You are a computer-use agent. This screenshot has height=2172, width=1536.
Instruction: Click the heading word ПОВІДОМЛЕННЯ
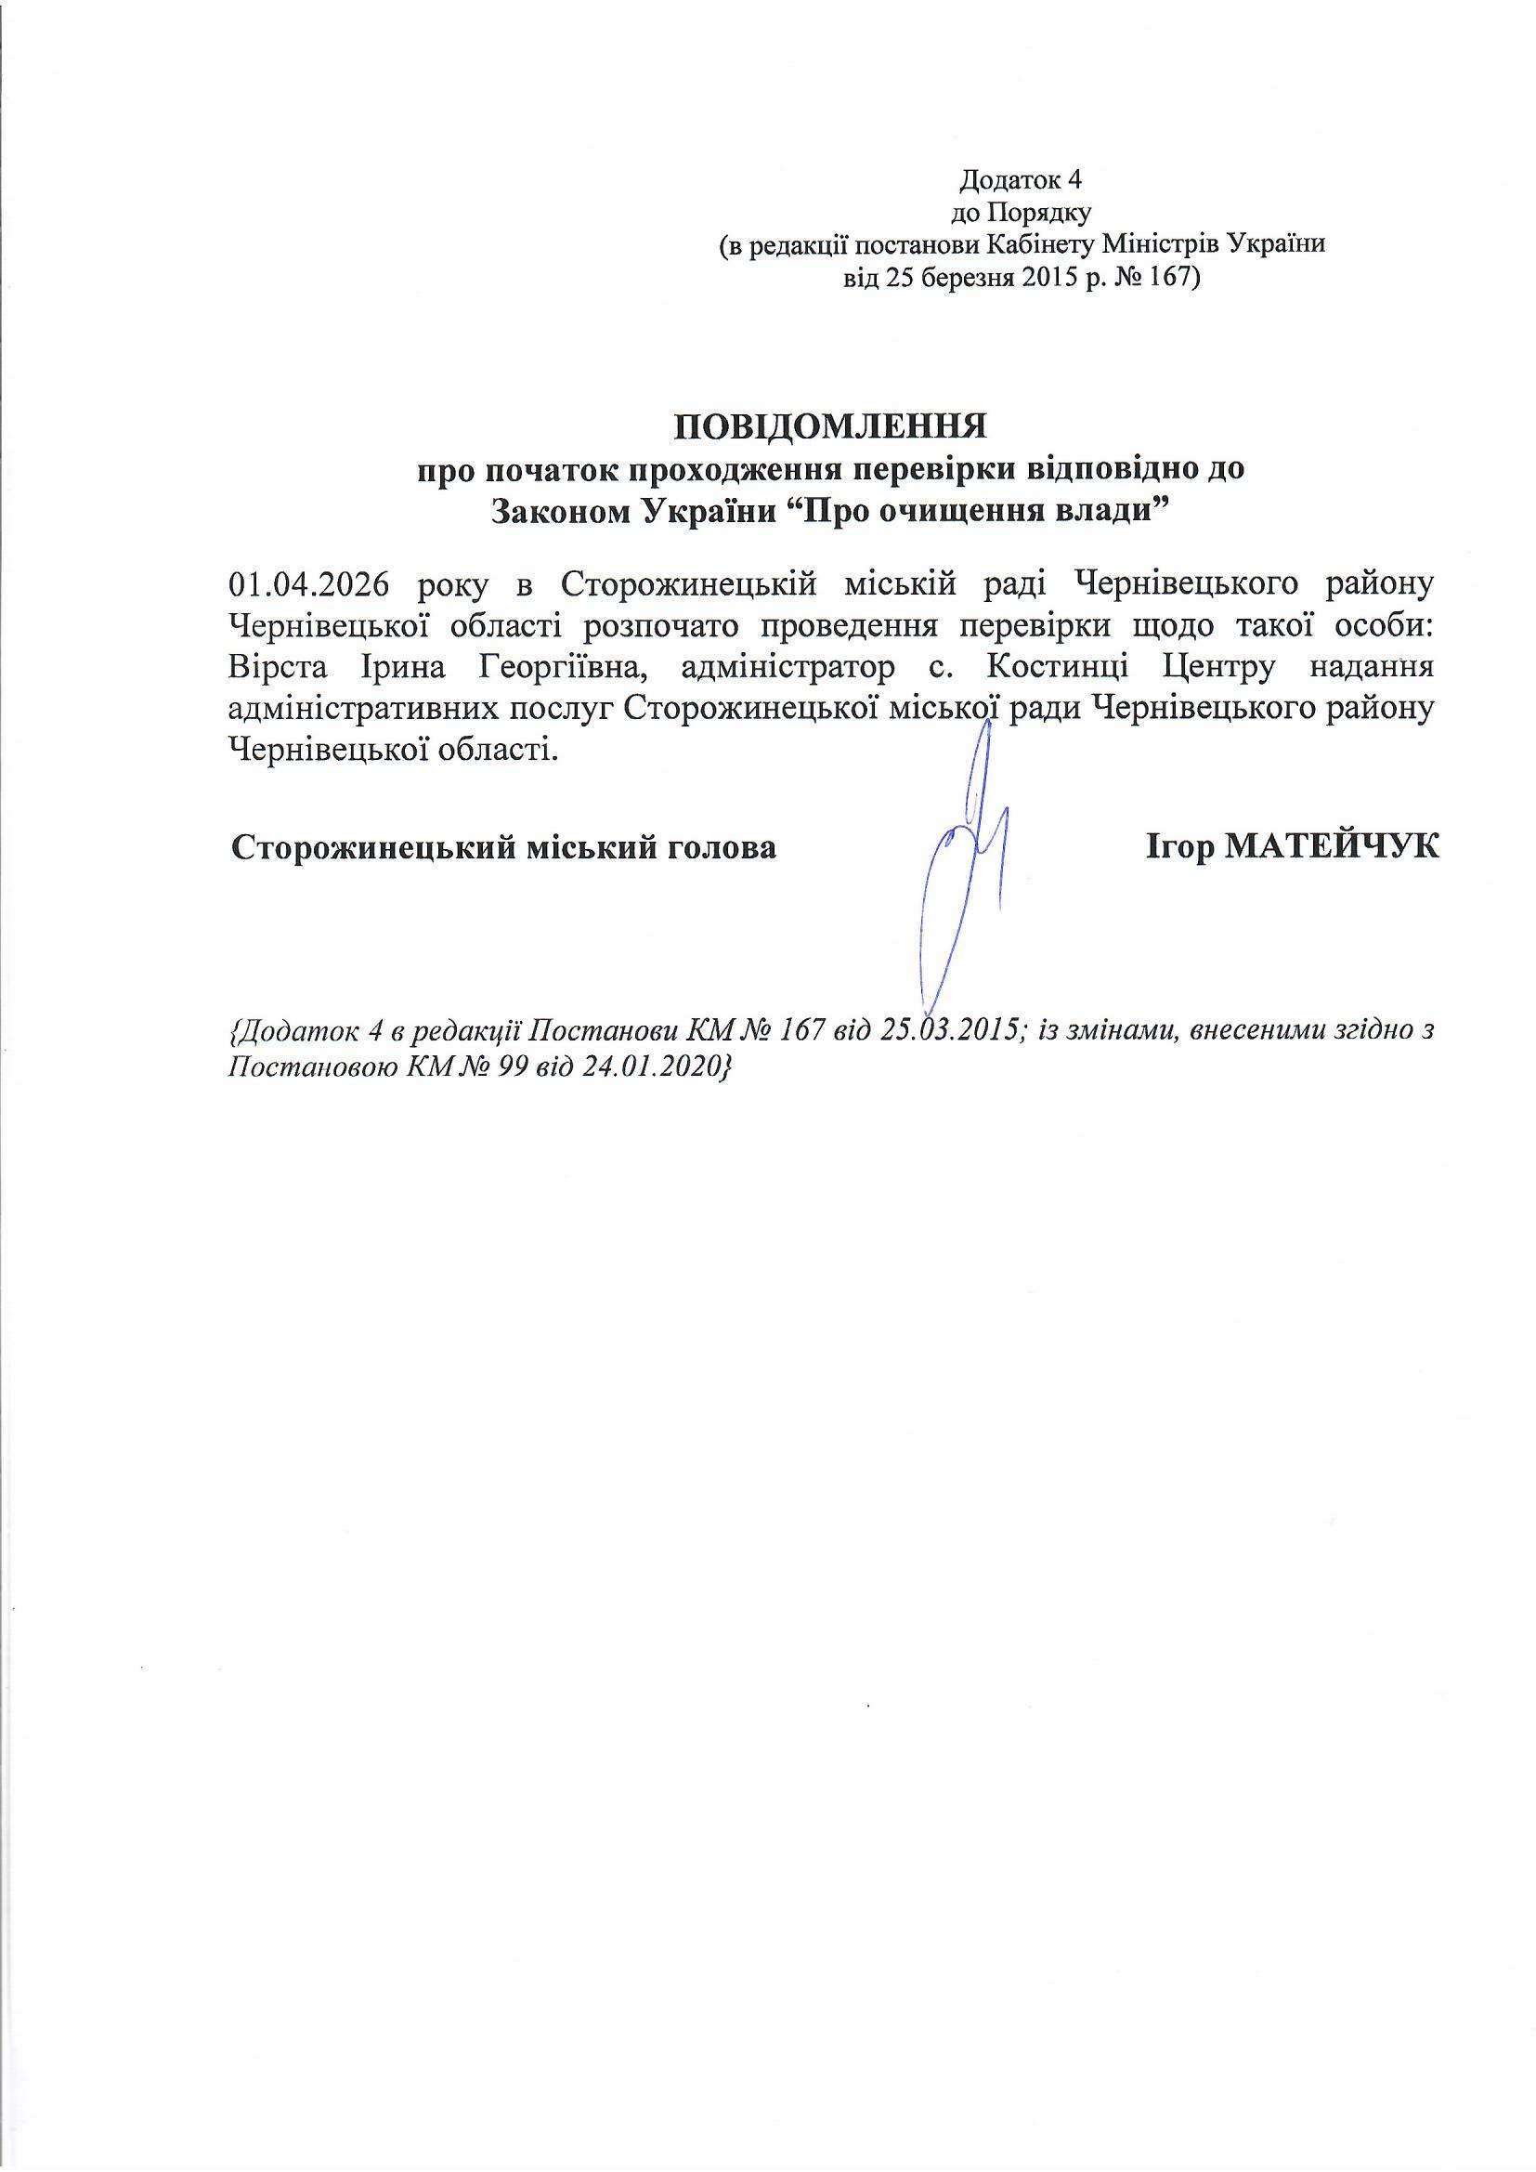pos(829,426)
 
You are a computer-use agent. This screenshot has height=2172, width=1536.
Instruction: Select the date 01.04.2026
pos(309,584)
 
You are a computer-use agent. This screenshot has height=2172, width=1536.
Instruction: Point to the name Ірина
pos(397,668)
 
